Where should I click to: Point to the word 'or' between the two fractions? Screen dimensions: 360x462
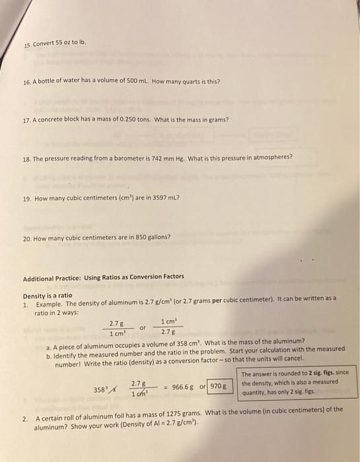142,327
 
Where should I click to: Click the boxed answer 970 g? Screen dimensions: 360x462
219,385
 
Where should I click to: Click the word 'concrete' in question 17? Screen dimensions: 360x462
55,120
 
